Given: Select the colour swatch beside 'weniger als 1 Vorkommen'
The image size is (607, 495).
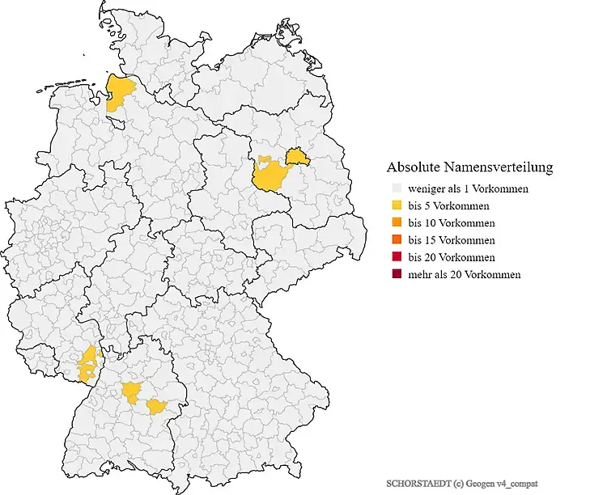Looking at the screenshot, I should tap(394, 188).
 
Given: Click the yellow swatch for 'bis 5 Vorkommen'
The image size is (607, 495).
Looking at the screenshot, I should tap(394, 205).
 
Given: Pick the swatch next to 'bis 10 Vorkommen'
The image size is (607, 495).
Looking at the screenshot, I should tap(394, 222).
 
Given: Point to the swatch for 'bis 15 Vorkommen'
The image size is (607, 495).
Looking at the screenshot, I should tap(394, 240).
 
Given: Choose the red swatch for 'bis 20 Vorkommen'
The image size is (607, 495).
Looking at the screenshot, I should tap(394, 257).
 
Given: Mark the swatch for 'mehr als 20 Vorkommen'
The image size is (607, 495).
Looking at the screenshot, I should tap(394, 274).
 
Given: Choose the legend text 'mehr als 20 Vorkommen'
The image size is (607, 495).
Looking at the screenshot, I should tap(465, 274).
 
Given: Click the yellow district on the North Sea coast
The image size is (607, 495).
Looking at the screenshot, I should tap(120, 91).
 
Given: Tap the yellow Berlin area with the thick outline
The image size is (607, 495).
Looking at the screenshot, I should tap(298, 156).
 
